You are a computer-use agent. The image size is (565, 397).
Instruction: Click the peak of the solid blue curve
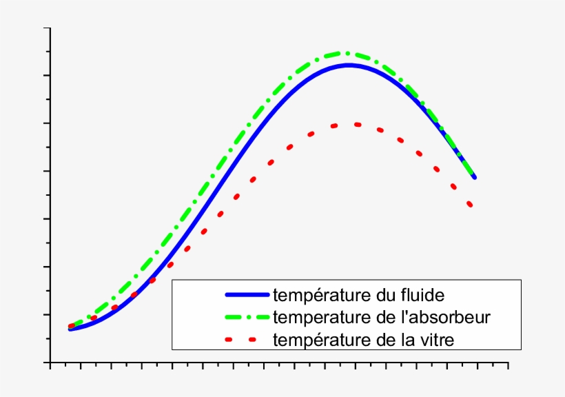pos(349,65)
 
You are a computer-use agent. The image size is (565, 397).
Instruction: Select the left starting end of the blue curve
pos(70,329)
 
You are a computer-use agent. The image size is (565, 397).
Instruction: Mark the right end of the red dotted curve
pos(470,205)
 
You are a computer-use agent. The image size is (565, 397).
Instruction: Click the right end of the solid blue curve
pos(475,178)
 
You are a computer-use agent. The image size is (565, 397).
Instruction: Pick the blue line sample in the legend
pos(247,295)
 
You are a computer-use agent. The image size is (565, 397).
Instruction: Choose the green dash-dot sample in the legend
pos(247,317)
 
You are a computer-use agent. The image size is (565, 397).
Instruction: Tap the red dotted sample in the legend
pos(247,339)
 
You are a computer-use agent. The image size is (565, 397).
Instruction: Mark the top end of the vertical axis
pos(50,28)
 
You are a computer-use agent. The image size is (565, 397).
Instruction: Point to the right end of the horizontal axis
pos(508,363)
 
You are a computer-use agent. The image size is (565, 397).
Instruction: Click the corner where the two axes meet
pos(50,363)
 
